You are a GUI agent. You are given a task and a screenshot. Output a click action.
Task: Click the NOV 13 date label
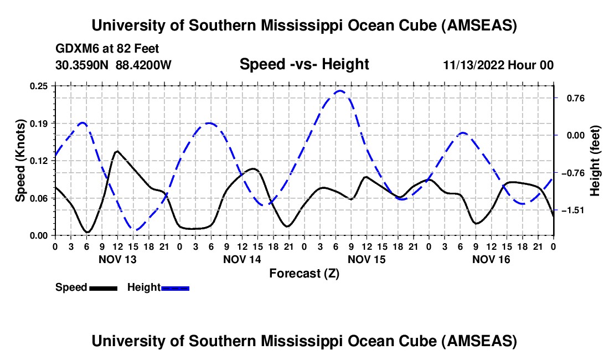pos(117,259)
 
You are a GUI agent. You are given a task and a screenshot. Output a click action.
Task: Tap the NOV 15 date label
pos(367,259)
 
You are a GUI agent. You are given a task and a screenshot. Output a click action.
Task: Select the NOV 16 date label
pos(491,259)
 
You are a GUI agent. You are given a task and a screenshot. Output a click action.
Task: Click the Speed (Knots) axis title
pos(20,160)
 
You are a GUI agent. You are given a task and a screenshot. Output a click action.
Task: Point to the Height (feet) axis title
pos(595,160)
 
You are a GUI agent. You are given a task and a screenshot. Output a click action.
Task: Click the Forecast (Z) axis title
pos(304,273)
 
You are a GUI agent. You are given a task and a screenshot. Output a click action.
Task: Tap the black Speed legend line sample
pos(103,287)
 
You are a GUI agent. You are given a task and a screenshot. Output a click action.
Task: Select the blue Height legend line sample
pos(175,287)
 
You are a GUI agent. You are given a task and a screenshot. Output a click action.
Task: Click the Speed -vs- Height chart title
pos(304,64)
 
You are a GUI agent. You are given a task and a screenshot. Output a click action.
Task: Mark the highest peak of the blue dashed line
pos(340,91)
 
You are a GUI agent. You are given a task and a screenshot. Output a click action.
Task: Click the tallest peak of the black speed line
pos(117,151)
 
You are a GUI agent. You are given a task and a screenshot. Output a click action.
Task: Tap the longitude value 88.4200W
pos(143,65)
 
